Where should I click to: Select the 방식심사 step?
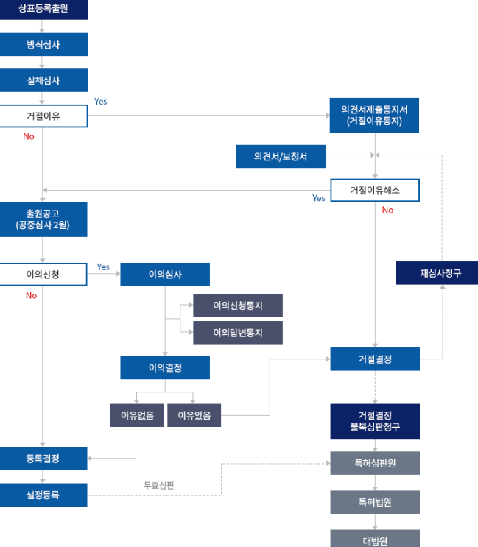point(43,44)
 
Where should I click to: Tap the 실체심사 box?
point(43,80)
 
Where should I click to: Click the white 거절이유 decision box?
point(43,116)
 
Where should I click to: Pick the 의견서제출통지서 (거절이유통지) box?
point(374,115)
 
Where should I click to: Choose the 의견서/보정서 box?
point(281,156)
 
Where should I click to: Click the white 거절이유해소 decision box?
point(374,190)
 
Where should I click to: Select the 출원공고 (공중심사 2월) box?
point(43,219)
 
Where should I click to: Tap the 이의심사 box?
point(165,275)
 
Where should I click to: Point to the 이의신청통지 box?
point(238,305)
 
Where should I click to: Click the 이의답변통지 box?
point(238,333)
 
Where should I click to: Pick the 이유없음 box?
point(137,415)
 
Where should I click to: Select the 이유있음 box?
point(194,415)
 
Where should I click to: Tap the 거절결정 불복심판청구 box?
point(374,421)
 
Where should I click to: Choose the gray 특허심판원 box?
point(374,463)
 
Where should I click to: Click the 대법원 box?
point(374,540)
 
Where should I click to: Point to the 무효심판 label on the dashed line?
point(159,485)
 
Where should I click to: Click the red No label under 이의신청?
point(31,295)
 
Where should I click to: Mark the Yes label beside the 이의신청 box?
point(103,267)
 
